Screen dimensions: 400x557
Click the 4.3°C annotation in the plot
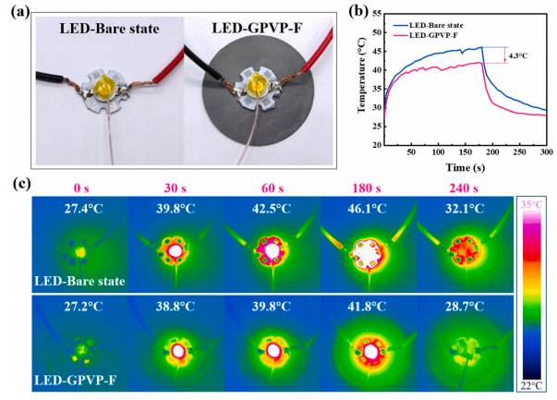(x=519, y=56)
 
